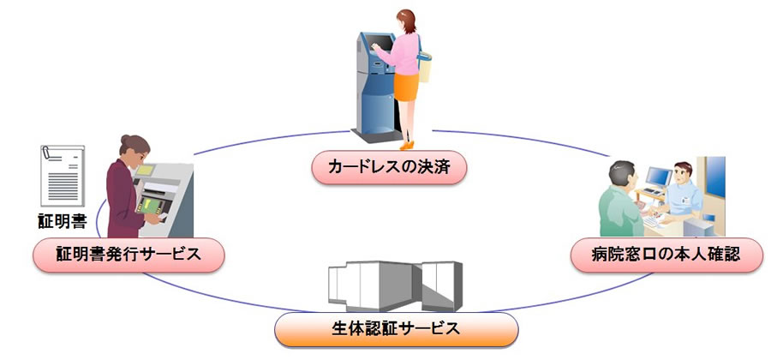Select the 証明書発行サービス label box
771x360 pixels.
(x=128, y=255)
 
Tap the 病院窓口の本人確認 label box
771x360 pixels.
(x=665, y=255)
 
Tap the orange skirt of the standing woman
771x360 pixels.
(x=407, y=86)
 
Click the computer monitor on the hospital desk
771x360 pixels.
(x=654, y=178)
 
